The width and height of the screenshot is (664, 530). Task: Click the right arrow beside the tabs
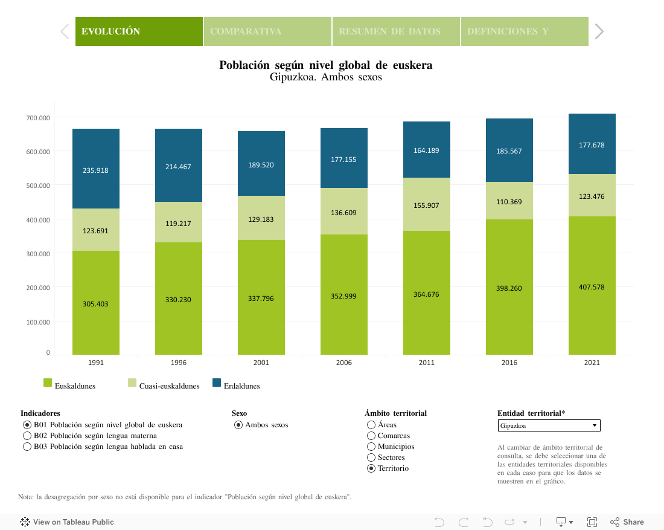tap(599, 31)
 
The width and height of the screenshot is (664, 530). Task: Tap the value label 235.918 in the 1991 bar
tap(95, 170)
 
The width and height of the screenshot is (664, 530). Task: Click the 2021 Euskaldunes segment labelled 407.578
tap(592, 287)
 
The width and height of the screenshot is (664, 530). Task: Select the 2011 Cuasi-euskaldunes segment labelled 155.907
tap(426, 205)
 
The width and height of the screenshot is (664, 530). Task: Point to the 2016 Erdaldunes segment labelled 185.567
tap(509, 151)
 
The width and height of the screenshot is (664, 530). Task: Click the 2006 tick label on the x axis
tap(343, 363)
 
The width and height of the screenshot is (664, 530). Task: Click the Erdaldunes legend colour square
tap(217, 383)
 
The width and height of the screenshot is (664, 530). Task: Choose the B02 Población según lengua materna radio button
tap(27, 436)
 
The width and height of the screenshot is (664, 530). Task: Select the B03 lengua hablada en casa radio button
tap(27, 447)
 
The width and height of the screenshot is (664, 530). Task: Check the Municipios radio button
tap(371, 447)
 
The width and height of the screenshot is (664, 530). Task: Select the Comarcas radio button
tap(371, 436)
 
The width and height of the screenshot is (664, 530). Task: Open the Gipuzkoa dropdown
tap(549, 426)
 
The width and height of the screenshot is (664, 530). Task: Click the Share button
tap(627, 522)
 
